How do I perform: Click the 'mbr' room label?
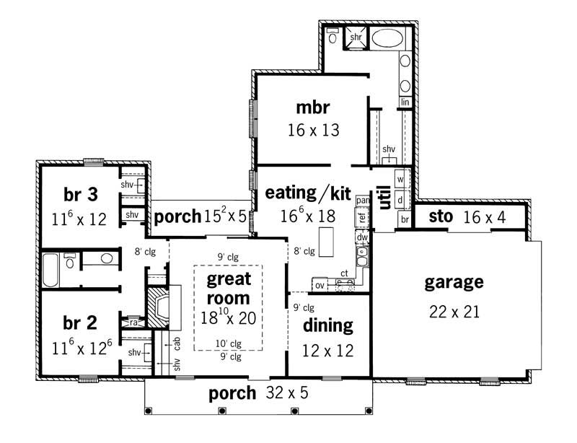coord(312,108)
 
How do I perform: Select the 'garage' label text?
coord(454,282)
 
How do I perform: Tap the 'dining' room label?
coord(328,325)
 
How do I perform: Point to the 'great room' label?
coord(229,288)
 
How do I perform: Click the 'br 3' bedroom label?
coord(80,194)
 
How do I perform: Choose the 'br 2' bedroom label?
coord(80,321)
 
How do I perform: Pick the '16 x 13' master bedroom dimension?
coord(312,131)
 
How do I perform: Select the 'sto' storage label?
coord(440,216)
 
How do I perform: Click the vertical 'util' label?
coord(384,197)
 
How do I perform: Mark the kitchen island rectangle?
coord(327,242)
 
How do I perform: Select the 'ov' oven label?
coord(319,284)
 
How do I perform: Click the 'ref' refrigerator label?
coord(362,214)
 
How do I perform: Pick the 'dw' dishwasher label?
coord(364,236)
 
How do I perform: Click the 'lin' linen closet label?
coord(405,102)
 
